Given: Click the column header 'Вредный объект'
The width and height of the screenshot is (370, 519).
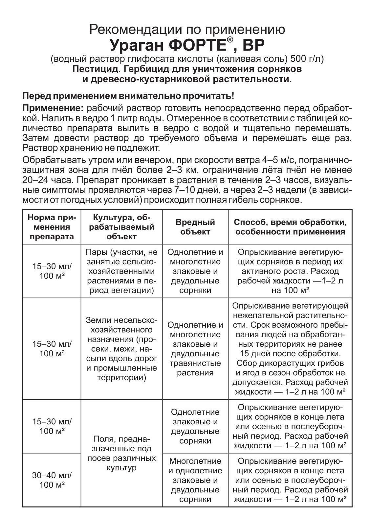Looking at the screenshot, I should pyautogui.click(x=195, y=226).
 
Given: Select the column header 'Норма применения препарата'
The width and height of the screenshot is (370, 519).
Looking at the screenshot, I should pyautogui.click(x=52, y=227).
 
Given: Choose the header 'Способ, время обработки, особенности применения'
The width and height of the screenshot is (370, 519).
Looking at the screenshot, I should pyautogui.click(x=290, y=226).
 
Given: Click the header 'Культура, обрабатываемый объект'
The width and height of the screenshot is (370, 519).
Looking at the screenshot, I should pyautogui.click(x=121, y=226).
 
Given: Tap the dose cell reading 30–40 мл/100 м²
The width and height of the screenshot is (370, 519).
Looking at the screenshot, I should pyautogui.click(x=52, y=480).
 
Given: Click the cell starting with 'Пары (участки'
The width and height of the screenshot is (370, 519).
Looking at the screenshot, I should pyautogui.click(x=121, y=271).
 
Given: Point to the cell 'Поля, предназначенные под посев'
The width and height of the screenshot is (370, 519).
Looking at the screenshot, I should pyautogui.click(x=121, y=454).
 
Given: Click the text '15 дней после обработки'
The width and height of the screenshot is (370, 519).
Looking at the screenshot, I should pyautogui.click(x=290, y=354).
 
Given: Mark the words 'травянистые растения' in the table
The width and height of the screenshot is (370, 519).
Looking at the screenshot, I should pyautogui.click(x=195, y=368).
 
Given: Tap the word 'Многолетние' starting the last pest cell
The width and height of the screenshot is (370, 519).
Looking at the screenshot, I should pyautogui.click(x=195, y=461).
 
